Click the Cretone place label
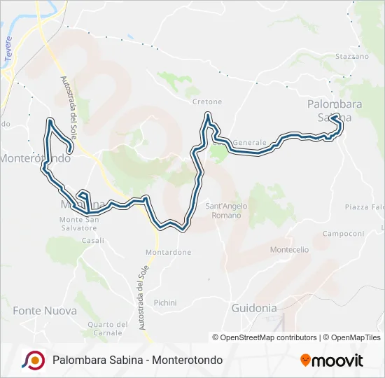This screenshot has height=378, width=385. point(206,101)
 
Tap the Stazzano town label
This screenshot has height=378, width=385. point(352,56)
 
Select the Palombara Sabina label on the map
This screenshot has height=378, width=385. point(329,111)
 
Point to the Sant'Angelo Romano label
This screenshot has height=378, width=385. point(223,210)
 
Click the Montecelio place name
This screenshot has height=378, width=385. point(289,249)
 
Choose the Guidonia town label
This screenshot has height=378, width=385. point(254,307)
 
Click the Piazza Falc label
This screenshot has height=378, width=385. point(365,206)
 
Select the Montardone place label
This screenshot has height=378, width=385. point(168,252)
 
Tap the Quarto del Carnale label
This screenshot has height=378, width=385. point(108,328)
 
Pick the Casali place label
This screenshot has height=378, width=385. point(92,240)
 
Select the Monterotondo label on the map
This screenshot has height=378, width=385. point(35,159)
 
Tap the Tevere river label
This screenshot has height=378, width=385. point(9,60)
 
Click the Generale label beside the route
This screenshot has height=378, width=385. point(250,142)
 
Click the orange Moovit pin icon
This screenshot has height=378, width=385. point(305,360)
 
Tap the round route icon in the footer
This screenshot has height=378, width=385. point(34,360)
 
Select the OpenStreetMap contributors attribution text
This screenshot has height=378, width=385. point(268,337)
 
